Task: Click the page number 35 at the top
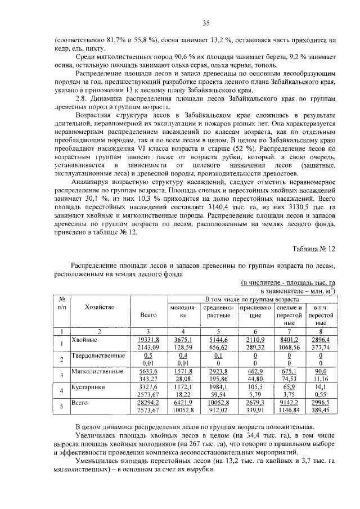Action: pos(206,23)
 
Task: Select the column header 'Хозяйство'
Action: pos(100,307)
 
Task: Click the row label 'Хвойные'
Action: pos(85,340)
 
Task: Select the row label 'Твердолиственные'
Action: pos(98,356)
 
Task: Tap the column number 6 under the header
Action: pos(255,331)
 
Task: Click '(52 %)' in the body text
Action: pos(242,148)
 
